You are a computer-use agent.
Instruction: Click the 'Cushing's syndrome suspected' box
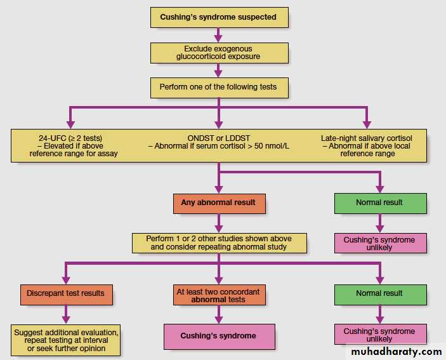coord(218,17)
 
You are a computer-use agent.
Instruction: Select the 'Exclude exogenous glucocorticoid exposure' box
coord(218,52)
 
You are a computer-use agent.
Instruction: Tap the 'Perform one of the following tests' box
coord(218,87)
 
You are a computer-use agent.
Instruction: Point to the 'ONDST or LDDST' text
coord(219,137)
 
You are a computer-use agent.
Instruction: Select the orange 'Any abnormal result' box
coord(218,203)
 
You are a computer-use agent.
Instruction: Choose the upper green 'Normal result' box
coord(379,203)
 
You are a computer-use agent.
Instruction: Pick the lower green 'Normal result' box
coord(379,293)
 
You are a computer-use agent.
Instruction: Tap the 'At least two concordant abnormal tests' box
coord(218,295)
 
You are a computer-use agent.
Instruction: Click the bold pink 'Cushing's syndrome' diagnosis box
coord(218,335)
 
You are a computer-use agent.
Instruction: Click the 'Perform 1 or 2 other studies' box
coord(218,243)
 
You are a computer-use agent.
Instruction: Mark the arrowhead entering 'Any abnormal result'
coord(218,189)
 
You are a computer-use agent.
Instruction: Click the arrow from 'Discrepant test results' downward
coord(66,313)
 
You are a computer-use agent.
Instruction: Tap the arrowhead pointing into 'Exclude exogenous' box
coord(218,38)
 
